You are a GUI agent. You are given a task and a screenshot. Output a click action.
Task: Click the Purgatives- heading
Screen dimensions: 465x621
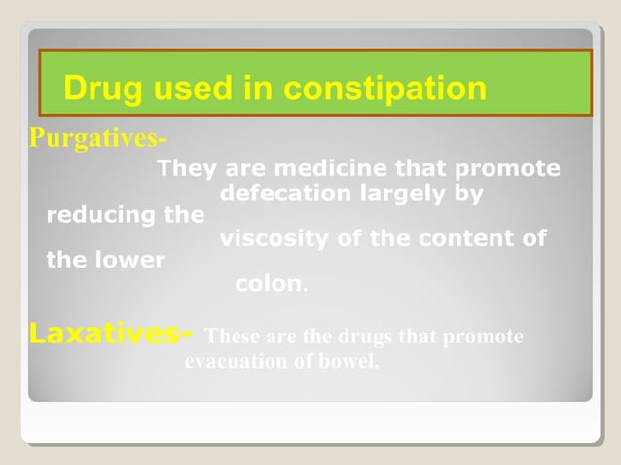pos(97,138)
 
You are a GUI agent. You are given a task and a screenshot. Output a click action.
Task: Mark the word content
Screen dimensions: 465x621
pos(460,238)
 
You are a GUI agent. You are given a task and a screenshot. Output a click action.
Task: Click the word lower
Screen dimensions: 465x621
pos(134,260)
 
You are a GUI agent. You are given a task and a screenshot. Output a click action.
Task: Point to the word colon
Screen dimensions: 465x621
pos(269,284)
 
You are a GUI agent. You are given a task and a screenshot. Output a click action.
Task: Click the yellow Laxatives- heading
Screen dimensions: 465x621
pos(110,334)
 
